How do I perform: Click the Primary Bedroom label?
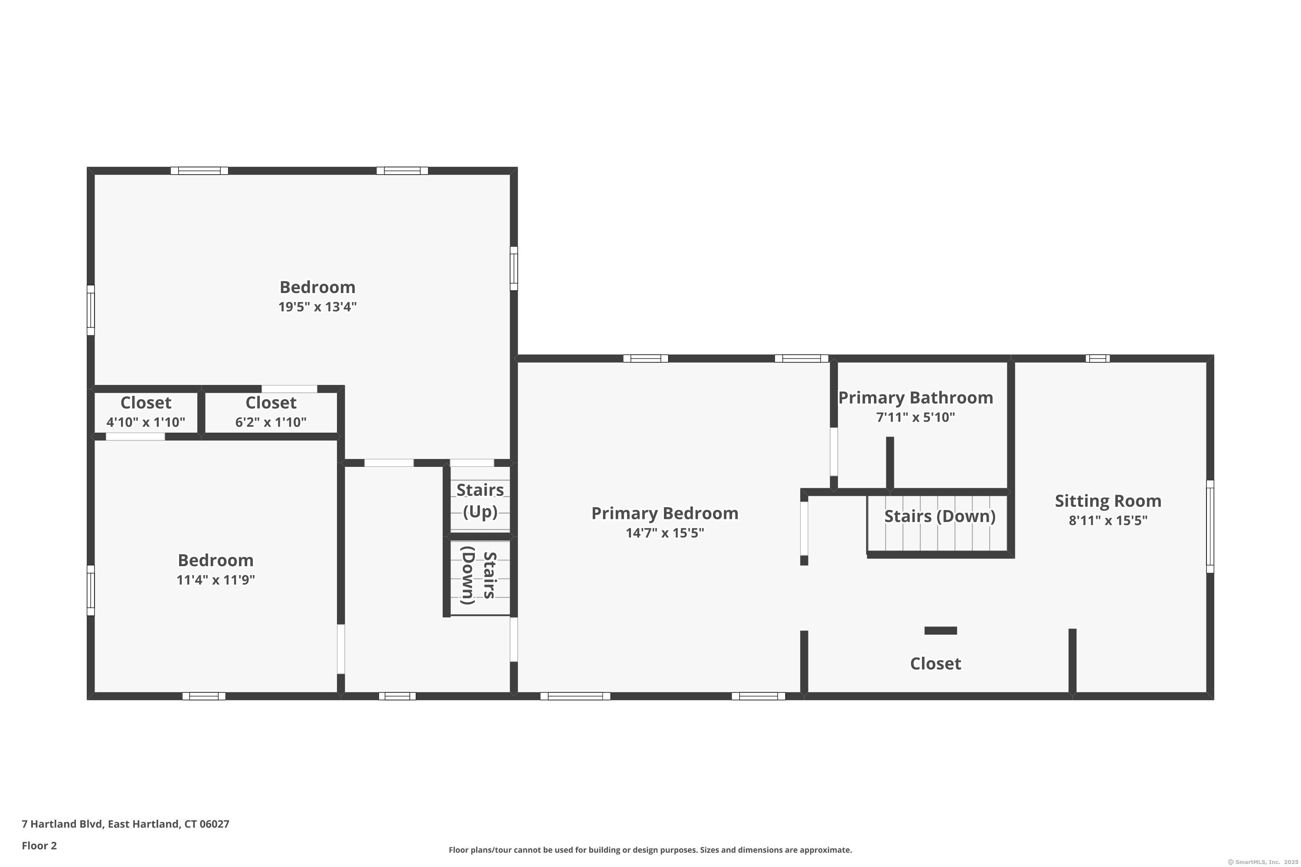[x=664, y=513]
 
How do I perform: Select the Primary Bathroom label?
[x=915, y=398]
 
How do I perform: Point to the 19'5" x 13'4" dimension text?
[x=317, y=307]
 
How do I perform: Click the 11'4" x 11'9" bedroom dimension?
[x=216, y=580]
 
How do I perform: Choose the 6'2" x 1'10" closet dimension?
[x=271, y=422]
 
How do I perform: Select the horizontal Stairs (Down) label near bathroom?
[x=940, y=516]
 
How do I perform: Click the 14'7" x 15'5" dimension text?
[x=664, y=533]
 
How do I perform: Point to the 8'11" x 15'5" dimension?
[x=1108, y=520]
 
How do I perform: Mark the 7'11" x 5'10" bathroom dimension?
[x=915, y=417]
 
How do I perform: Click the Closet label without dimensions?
[x=935, y=664]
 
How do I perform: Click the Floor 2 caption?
[x=39, y=845]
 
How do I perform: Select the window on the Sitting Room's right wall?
[x=1210, y=526]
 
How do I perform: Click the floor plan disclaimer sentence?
[x=650, y=850]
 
